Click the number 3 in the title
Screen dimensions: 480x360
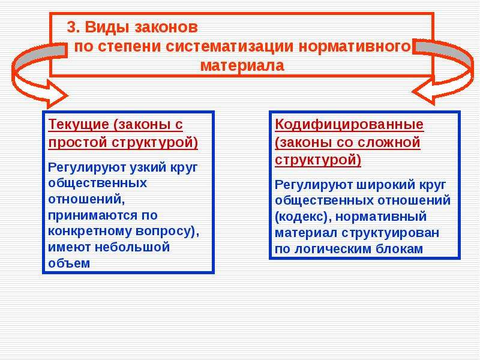click(x=71, y=27)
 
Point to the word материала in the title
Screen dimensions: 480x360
click(x=242, y=65)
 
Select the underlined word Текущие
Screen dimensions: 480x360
click(x=79, y=125)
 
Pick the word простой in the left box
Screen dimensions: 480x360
click(x=78, y=143)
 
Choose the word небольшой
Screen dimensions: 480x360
click(x=132, y=247)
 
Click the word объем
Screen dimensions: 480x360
click(x=69, y=263)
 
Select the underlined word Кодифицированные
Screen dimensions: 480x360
click(x=349, y=125)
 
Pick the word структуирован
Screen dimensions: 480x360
click(x=391, y=233)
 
